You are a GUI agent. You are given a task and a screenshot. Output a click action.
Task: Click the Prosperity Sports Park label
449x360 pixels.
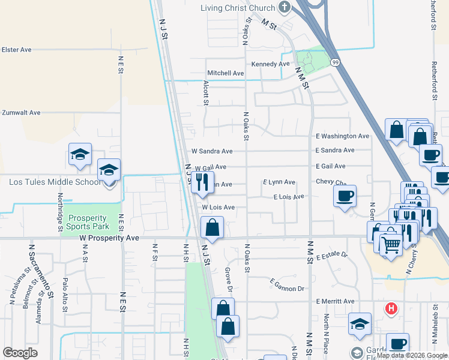[x=89, y=222]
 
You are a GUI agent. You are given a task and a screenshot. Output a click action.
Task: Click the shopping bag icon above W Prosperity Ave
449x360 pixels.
[x=212, y=227]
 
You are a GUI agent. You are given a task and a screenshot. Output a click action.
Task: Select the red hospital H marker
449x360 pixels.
[x=391, y=309]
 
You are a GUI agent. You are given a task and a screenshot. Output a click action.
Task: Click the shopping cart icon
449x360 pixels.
[x=391, y=244]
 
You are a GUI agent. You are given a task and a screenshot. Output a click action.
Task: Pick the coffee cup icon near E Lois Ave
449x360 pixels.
[x=345, y=196]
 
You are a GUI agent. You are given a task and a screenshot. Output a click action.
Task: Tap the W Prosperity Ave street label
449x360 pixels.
[x=109, y=238]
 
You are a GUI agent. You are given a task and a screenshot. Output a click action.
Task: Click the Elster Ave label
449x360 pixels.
[x=17, y=50]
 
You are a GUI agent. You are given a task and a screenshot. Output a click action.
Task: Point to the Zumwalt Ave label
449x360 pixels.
[x=21, y=112]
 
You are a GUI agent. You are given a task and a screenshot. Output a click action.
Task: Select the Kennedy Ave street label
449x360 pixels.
[x=271, y=64]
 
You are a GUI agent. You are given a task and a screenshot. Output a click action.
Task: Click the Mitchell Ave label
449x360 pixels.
[x=226, y=73]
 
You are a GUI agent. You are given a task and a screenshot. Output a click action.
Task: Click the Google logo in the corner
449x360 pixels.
[x=20, y=353]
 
